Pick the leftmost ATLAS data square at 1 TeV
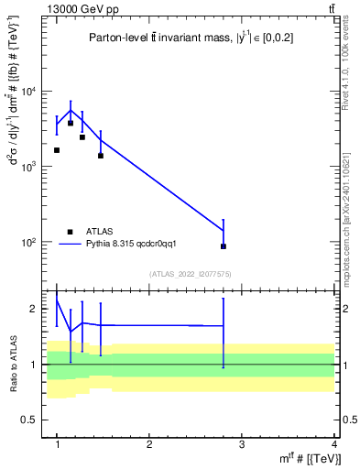point(57,150)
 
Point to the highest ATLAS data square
point(71,123)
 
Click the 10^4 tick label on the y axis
point(31,92)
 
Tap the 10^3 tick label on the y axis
point(31,168)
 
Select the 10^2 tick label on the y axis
point(31,243)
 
